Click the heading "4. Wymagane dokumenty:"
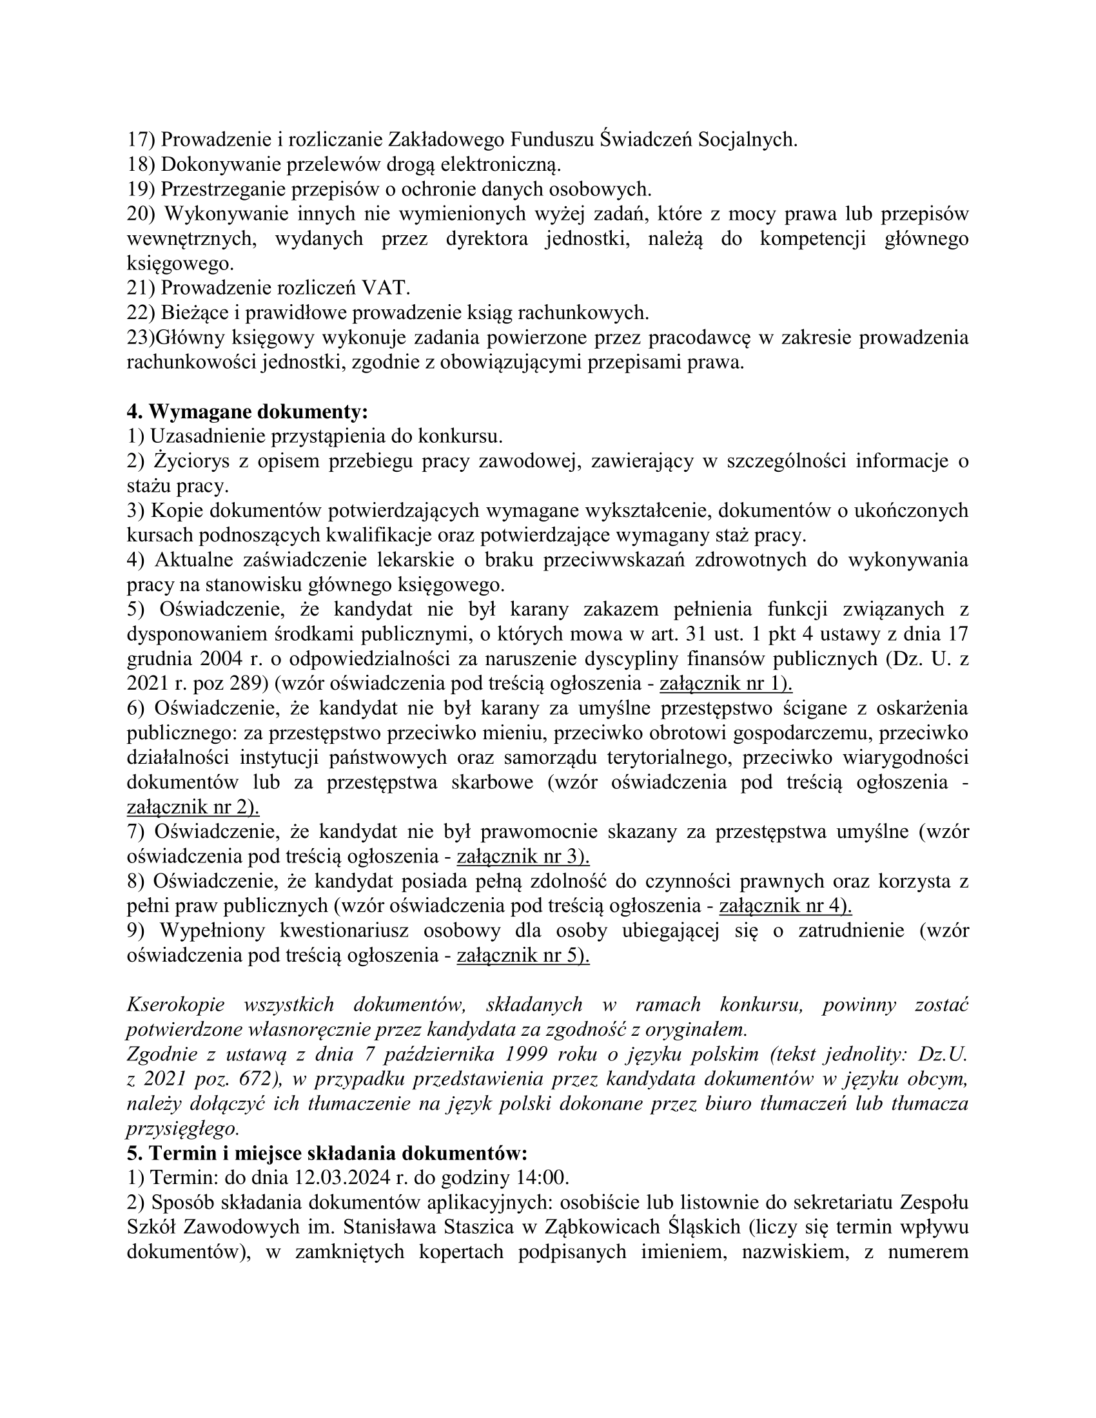[247, 412]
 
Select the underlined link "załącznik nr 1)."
[726, 684]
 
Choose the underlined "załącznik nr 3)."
[524, 857]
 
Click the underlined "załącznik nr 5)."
[524, 955]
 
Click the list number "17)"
[141, 140]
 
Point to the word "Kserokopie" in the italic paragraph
[175, 1005]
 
